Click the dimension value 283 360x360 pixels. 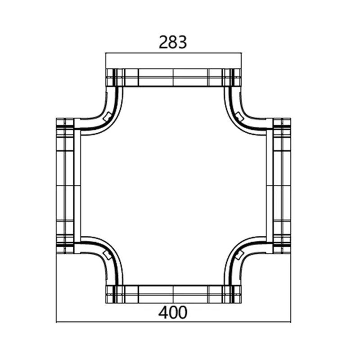click(x=173, y=42)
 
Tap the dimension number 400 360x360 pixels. click(x=173, y=312)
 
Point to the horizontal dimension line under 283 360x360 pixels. click(x=173, y=53)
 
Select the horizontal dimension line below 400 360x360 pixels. click(x=173, y=322)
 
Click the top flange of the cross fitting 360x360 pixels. click(x=173, y=77)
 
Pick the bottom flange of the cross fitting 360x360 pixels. click(x=173, y=294)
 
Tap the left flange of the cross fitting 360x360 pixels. click(x=66, y=185)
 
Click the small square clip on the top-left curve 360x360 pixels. click(x=106, y=117)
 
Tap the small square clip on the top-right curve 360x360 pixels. click(x=240, y=117)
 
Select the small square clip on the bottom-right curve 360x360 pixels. click(x=240, y=255)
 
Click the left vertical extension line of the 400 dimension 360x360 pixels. click(x=56, y=288)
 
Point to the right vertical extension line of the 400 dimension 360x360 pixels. click(x=291, y=288)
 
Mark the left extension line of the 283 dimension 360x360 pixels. click(x=105, y=61)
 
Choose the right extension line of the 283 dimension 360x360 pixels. click(x=242, y=61)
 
